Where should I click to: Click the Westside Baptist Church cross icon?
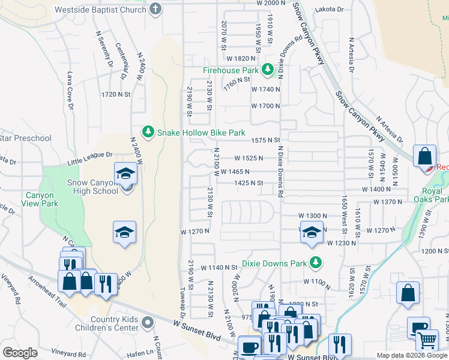pyautogui.click(x=156, y=10)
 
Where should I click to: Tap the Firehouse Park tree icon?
pyautogui.click(x=268, y=70)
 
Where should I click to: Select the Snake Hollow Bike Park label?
pyautogui.click(x=201, y=132)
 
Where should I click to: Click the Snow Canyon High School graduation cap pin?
pyautogui.click(x=126, y=174)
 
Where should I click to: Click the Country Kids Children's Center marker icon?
pyautogui.click(x=149, y=324)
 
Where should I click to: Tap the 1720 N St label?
pyautogui.click(x=116, y=94)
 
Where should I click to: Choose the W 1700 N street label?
pyautogui.click(x=265, y=106)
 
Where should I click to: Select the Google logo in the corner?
pyautogui.click(x=20, y=353)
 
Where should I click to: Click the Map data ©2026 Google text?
pyautogui.click(x=412, y=355)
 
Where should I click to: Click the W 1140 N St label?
pyautogui.click(x=220, y=267)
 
